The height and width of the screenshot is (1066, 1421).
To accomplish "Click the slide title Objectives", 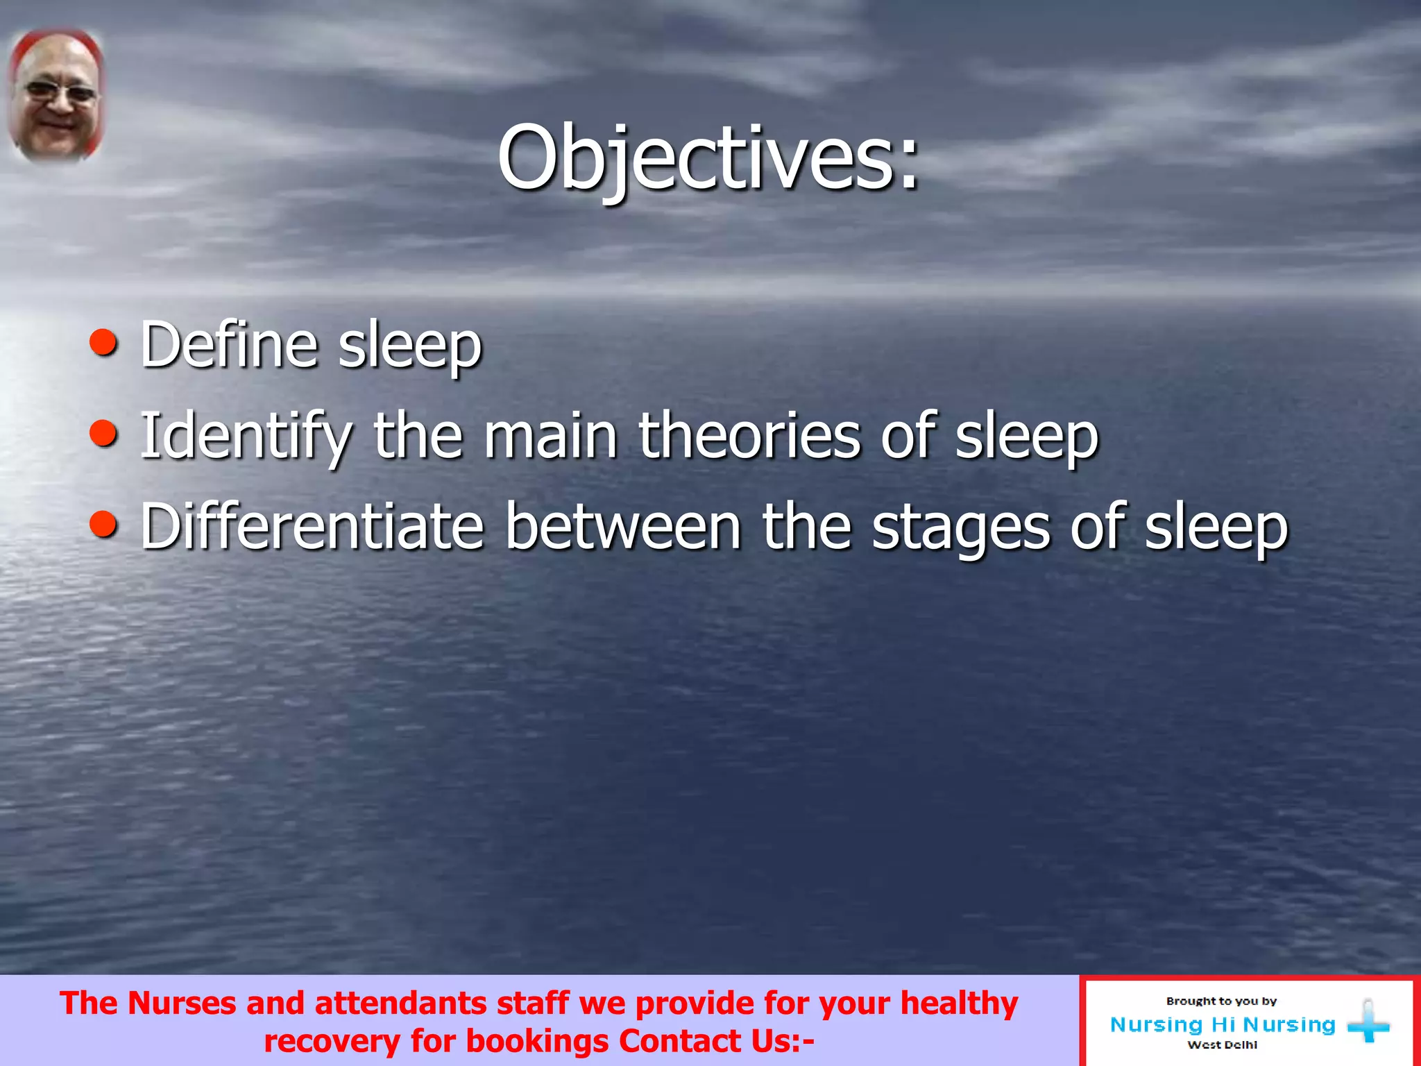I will point(708,158).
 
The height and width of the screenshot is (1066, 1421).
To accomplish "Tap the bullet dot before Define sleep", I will point(103,343).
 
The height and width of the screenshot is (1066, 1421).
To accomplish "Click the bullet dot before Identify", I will point(103,434).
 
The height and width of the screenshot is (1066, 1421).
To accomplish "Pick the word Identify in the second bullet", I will point(246,436).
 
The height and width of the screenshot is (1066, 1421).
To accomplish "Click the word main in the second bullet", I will point(550,436).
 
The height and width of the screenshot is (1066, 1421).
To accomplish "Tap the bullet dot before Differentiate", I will point(103,525).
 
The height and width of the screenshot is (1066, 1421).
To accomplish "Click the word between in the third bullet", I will point(623,527).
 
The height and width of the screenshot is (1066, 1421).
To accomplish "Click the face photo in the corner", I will point(56,96).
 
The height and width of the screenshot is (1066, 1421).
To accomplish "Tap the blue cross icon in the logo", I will point(1368,1022).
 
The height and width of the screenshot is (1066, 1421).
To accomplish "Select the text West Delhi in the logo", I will point(1222,1045).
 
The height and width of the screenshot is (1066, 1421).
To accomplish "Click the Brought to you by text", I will point(1221,1001).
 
